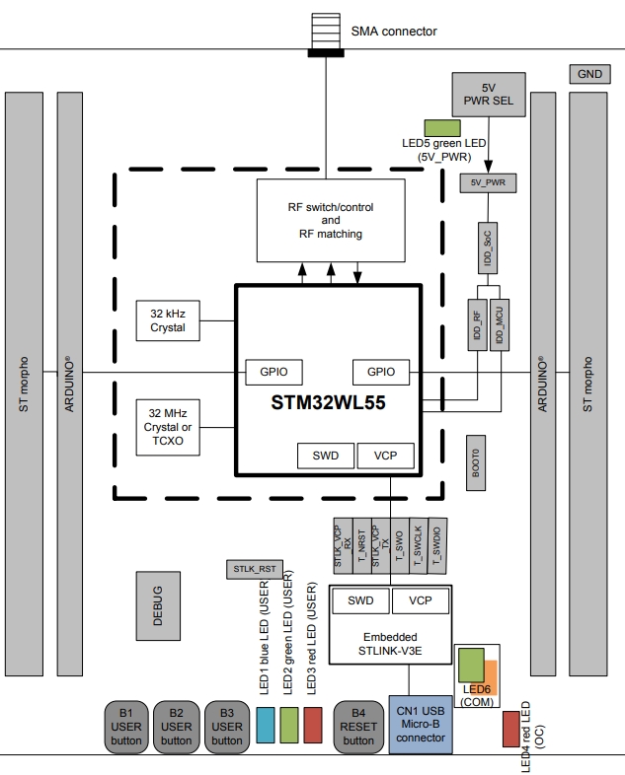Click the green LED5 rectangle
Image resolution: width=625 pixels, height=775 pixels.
[x=442, y=127]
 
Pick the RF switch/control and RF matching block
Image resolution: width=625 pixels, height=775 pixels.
[x=330, y=221]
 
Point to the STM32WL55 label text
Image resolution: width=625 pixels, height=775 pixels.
[x=328, y=403]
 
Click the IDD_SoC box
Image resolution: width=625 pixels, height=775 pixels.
[x=485, y=247]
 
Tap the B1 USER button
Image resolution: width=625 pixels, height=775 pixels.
[x=126, y=726]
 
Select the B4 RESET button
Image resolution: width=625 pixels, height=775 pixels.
[x=358, y=726]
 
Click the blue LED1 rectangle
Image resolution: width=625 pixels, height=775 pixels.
[x=265, y=725]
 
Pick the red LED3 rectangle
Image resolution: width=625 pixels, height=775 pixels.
[x=313, y=725]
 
